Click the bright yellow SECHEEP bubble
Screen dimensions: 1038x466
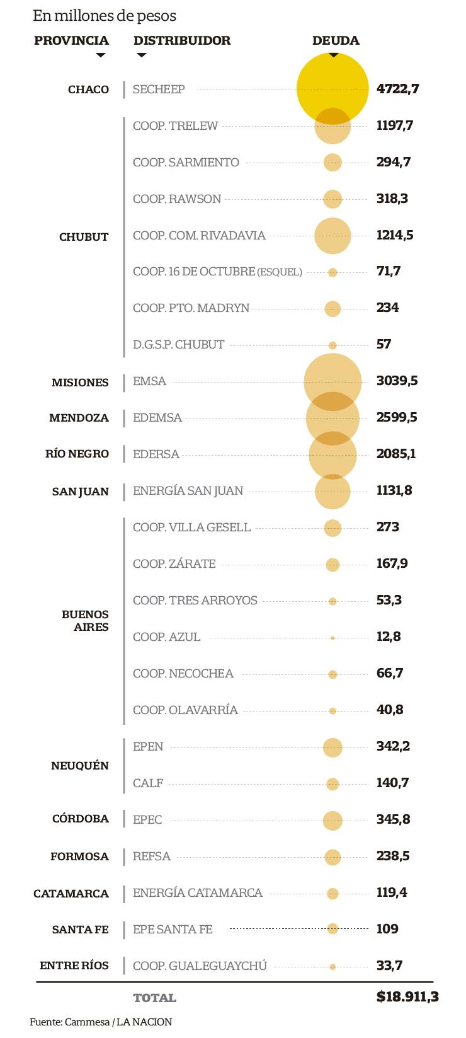[332, 88]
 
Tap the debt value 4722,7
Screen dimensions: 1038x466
[397, 89]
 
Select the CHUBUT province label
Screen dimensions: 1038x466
[84, 237]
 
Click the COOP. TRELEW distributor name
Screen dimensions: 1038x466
[175, 126]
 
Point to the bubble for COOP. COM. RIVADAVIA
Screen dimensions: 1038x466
[332, 236]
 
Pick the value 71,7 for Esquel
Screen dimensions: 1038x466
[389, 272]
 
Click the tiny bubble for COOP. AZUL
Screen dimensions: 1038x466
[332, 638]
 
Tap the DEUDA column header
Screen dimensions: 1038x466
[336, 41]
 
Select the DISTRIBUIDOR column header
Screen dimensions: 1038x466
[182, 41]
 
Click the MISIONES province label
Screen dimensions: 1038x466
[80, 383]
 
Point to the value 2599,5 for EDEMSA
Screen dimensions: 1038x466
[396, 418]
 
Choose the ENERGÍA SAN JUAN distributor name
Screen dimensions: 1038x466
[188, 491]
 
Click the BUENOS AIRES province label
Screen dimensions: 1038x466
[85, 621]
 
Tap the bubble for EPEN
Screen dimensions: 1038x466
[332, 747]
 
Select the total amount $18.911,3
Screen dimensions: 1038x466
[407, 997]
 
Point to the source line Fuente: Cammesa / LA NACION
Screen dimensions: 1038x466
[101, 1022]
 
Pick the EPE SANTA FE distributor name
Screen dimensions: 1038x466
[173, 930]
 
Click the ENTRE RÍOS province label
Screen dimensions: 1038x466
[74, 966]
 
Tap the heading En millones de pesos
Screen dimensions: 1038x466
[105, 16]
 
